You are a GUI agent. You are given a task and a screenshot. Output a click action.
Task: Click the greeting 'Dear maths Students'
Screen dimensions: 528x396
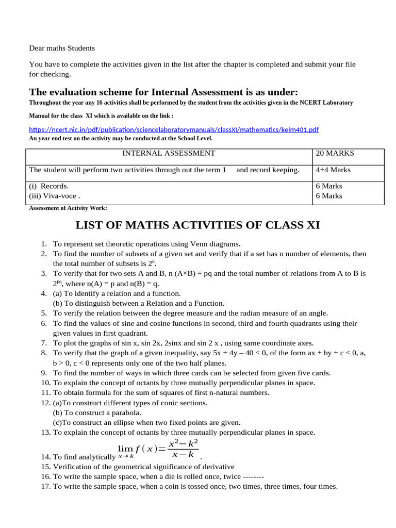(x=62, y=48)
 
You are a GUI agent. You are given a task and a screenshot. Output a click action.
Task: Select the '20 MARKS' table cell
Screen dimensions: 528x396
(x=336, y=153)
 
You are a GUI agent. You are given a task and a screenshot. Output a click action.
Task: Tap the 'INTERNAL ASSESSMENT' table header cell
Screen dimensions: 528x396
(x=169, y=153)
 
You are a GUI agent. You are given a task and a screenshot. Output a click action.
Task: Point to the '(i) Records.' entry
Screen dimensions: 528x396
(x=49, y=186)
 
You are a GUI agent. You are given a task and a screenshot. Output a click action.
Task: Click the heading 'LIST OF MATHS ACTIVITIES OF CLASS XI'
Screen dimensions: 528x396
(x=198, y=225)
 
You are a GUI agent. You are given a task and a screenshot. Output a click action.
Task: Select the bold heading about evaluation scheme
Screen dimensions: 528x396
(x=163, y=92)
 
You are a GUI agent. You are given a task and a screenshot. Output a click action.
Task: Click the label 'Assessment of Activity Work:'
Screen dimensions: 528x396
(x=68, y=208)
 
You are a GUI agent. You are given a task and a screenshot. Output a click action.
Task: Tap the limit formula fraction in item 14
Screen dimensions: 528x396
(x=183, y=449)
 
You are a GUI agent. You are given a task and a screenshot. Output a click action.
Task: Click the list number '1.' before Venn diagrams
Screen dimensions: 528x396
(x=44, y=244)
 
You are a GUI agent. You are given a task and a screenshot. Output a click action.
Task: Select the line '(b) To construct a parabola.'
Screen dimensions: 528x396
(x=97, y=412)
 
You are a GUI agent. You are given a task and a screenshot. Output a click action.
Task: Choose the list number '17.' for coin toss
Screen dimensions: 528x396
(x=45, y=486)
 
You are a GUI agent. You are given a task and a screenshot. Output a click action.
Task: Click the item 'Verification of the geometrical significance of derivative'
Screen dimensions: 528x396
(x=143, y=466)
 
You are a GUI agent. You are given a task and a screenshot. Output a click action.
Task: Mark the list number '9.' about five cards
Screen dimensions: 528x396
(x=44, y=373)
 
